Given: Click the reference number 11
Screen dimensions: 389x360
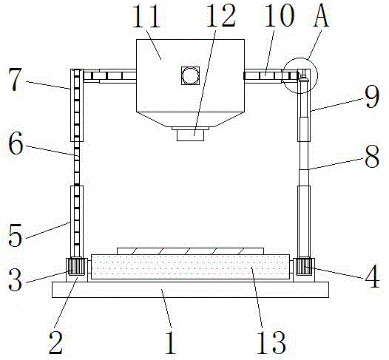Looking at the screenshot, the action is click(146, 16).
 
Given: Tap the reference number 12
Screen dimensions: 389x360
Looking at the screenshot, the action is click(220, 16).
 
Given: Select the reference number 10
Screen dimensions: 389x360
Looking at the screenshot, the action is click(279, 16).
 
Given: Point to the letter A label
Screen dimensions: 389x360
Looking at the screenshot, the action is click(321, 16).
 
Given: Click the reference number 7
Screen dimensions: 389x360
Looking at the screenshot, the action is click(15, 80).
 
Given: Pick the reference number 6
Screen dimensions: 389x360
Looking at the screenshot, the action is click(16, 143).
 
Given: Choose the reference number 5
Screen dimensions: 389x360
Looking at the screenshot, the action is click(15, 235).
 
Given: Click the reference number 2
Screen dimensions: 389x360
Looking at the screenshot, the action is click(55, 342).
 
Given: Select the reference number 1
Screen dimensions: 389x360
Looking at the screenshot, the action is click(171, 342).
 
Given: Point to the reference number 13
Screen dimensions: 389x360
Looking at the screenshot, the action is click(271, 342).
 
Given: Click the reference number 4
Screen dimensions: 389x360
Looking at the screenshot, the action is click(372, 276).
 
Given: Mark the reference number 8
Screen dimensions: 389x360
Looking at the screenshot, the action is click(372, 156).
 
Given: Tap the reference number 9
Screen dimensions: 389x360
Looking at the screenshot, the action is click(372, 96).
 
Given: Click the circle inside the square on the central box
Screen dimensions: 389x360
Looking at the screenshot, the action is click(190, 75).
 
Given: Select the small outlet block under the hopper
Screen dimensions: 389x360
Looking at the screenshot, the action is click(190, 135).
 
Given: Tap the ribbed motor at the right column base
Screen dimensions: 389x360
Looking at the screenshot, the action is click(303, 266).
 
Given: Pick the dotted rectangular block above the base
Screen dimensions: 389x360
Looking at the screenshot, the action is click(190, 267).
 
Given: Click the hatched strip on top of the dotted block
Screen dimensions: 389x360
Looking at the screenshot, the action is click(190, 251).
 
